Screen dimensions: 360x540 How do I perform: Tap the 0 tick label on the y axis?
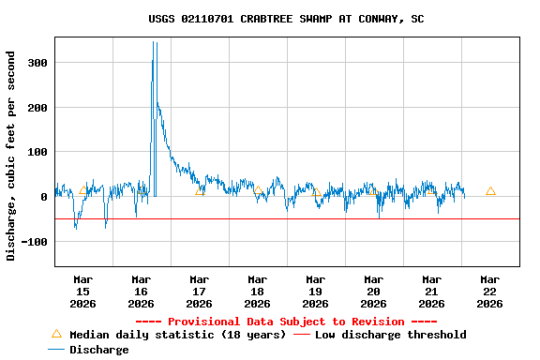pyautogui.click(x=43, y=197)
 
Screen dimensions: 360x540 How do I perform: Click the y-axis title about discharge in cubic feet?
pyautogui.click(x=11, y=156)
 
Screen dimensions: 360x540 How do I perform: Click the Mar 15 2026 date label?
pyautogui.click(x=82, y=291)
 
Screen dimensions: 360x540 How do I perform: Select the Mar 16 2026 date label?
pyautogui.click(x=141, y=291)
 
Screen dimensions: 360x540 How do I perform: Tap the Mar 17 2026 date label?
pyautogui.click(x=199, y=291)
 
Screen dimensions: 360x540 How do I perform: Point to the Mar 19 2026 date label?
pyautogui.click(x=315, y=291)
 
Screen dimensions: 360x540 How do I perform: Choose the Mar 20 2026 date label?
pyautogui.click(x=373, y=291)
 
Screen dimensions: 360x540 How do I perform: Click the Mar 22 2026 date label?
pyautogui.click(x=489, y=291)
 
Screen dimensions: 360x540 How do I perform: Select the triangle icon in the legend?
pyautogui.click(x=56, y=334)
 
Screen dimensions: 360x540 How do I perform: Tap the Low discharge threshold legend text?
pyautogui.click(x=390, y=335)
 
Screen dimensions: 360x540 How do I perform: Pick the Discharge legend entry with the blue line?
pyautogui.click(x=89, y=350)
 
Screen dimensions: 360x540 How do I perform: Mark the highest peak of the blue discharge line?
pyautogui.click(x=153, y=42)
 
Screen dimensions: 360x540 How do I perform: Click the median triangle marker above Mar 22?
pyautogui.click(x=490, y=190)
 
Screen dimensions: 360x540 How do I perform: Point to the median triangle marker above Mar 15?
pyautogui.click(x=82, y=190)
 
